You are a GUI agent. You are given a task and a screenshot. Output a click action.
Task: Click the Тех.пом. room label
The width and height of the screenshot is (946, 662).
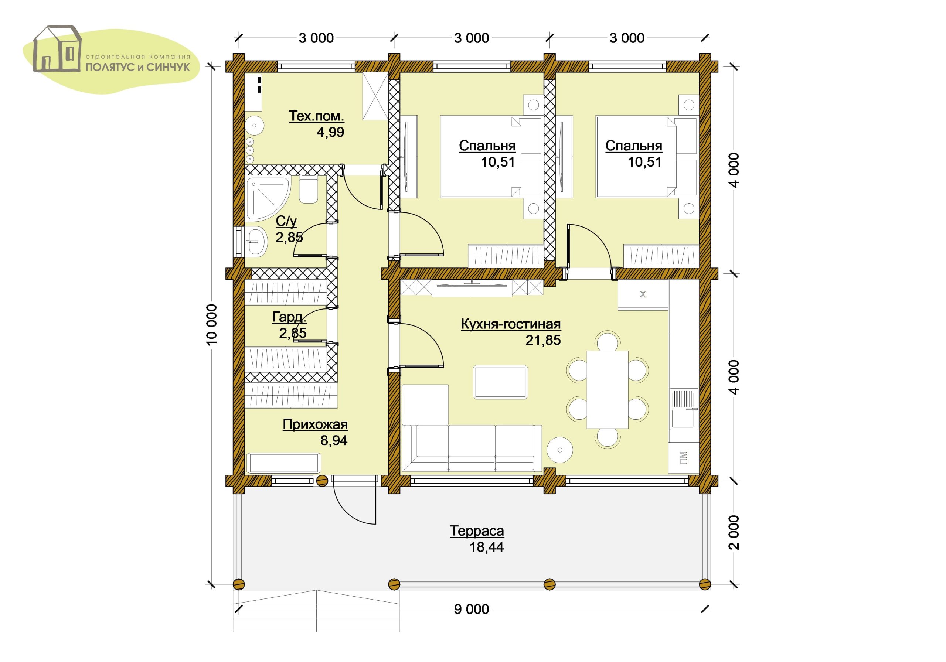pos(316,116)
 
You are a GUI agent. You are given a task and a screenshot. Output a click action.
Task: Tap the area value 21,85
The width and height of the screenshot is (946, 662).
pos(543,340)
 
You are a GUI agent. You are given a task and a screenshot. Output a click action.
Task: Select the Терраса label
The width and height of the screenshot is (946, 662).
pos(477,531)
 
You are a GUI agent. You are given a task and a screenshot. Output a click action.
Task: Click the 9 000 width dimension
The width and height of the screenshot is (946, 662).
pos(472,609)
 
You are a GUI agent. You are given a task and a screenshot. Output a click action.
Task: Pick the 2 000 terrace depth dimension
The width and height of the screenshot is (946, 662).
pos(734,532)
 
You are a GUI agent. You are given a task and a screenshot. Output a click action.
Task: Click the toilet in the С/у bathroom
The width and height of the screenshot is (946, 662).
pos(308,191)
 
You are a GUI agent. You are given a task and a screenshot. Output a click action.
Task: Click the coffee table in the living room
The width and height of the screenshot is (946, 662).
pos(501,382)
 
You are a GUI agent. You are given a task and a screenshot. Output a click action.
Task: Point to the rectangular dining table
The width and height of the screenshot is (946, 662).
pos(607,390)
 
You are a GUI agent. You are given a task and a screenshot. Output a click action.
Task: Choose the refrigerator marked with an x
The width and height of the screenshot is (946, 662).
pos(643,294)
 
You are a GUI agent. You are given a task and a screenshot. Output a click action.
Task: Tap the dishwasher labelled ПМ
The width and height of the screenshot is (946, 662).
pos(684,458)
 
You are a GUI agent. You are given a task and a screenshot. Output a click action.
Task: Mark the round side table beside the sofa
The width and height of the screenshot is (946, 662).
pos(560,450)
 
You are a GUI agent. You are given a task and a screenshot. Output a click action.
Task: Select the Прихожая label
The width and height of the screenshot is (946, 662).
pos(315,424)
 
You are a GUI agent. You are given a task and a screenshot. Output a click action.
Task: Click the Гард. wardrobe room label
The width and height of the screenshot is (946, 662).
pos(289,317)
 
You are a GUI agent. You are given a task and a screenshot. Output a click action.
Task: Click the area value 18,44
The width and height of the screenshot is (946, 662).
pos(487,547)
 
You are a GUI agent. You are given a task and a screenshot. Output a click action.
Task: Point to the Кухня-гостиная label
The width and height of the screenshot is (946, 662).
pos(511,324)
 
